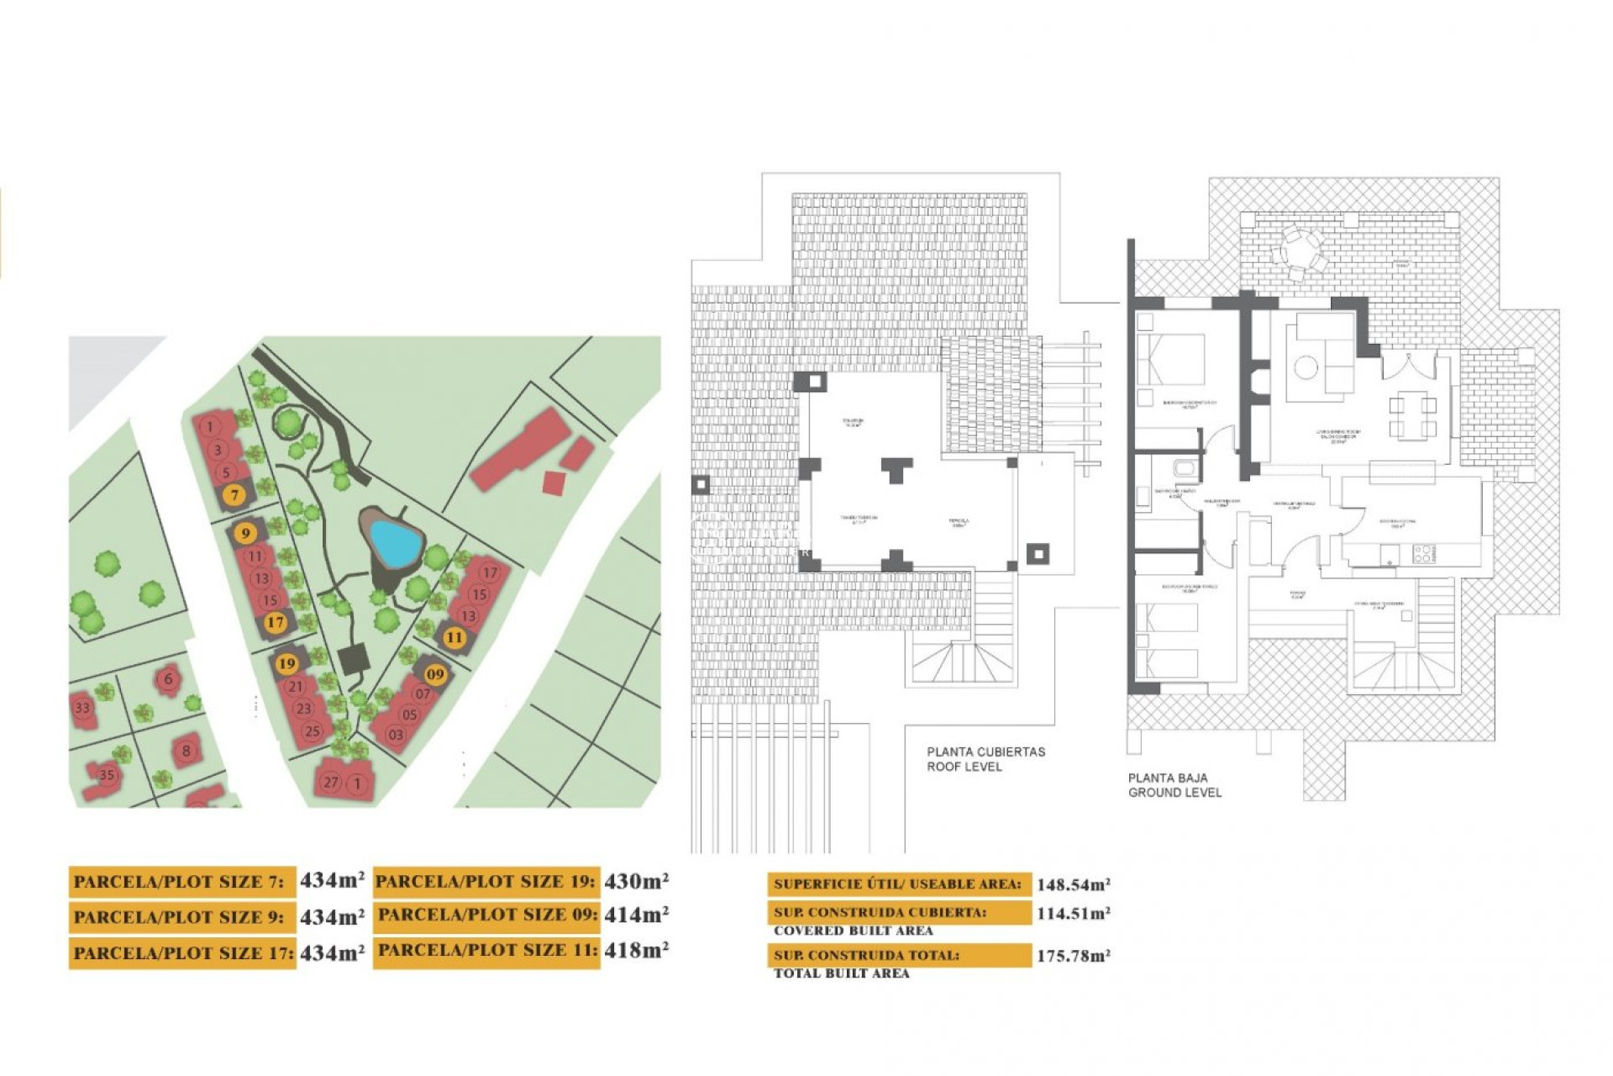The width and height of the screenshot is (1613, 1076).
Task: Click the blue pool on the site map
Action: pyautogui.click(x=396, y=542)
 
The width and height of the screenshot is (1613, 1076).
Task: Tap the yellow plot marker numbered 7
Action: pyautogui.click(x=235, y=495)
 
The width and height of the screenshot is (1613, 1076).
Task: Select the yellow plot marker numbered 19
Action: pyautogui.click(x=286, y=663)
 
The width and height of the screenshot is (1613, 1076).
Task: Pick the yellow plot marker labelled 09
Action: pyautogui.click(x=434, y=674)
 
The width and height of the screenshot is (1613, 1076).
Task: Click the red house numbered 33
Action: pyautogui.click(x=82, y=708)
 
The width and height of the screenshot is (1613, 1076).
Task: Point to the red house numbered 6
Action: pyautogui.click(x=168, y=678)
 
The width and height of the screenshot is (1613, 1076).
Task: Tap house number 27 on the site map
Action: pyautogui.click(x=331, y=782)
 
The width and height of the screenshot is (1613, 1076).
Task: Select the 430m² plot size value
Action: pyautogui.click(x=636, y=881)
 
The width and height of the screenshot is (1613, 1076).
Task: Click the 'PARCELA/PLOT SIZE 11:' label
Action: pyautogui.click(x=486, y=951)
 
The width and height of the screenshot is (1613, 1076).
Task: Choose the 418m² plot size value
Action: pyautogui.click(x=636, y=951)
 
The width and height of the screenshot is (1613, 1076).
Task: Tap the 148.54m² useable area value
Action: pyautogui.click(x=1073, y=884)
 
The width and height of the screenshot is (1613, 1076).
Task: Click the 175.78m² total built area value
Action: pyautogui.click(x=1073, y=956)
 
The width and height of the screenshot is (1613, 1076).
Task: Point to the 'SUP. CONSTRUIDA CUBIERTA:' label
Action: pyautogui.click(x=880, y=912)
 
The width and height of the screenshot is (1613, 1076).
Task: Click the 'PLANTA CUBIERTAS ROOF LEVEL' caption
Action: pyautogui.click(x=985, y=759)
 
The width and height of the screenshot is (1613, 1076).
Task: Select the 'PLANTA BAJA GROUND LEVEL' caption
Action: pyautogui.click(x=1174, y=785)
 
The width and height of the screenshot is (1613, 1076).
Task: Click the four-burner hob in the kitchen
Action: pyautogui.click(x=1423, y=554)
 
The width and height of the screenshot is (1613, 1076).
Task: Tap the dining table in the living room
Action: pyautogui.click(x=1412, y=418)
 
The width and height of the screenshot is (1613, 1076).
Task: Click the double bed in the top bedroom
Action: pyautogui.click(x=1170, y=360)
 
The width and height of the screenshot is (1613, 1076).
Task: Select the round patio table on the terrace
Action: pyautogui.click(x=1300, y=251)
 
